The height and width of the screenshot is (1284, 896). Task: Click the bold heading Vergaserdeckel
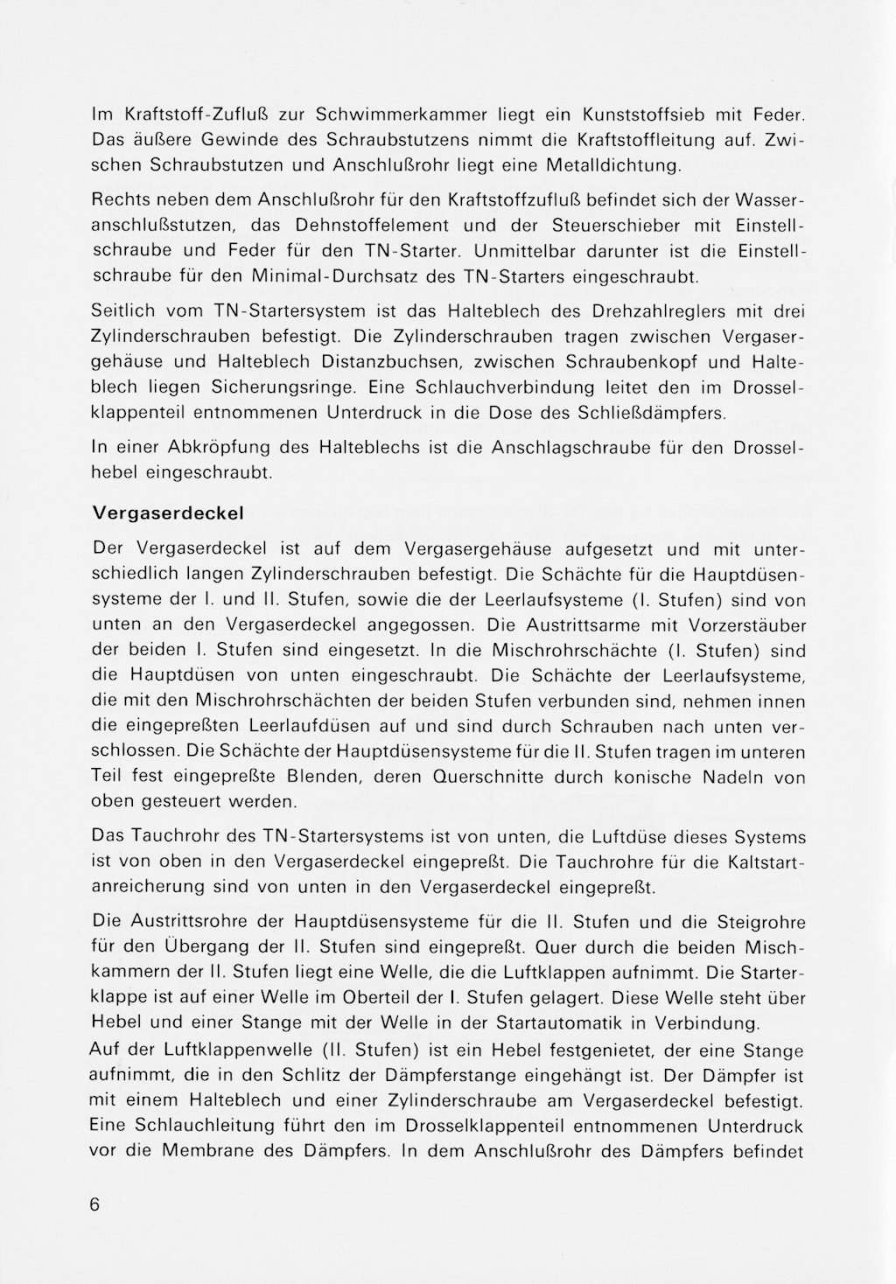pyautogui.click(x=167, y=512)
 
